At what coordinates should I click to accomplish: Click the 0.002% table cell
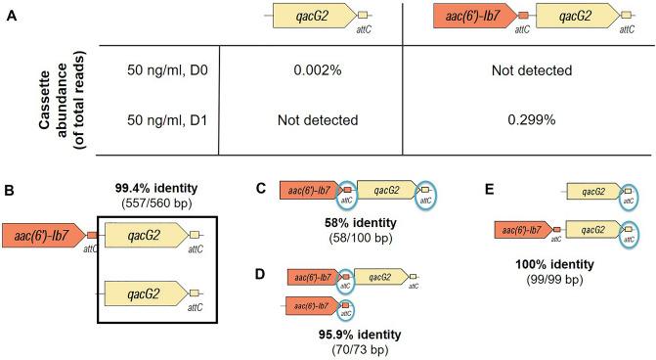tap(309, 72)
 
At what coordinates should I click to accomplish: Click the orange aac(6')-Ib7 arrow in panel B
tap(40, 236)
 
